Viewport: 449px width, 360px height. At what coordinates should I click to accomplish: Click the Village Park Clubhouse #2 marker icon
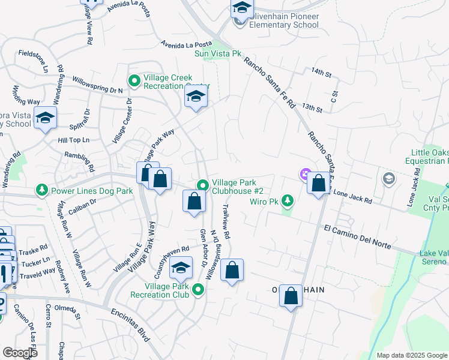(x=203, y=185)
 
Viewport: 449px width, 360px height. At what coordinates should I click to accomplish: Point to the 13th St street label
(x=313, y=107)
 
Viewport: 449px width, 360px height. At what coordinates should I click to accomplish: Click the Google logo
(x=20, y=353)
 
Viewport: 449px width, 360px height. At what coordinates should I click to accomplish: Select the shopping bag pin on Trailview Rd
(x=232, y=271)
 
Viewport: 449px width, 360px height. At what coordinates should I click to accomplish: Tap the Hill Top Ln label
(x=73, y=140)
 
